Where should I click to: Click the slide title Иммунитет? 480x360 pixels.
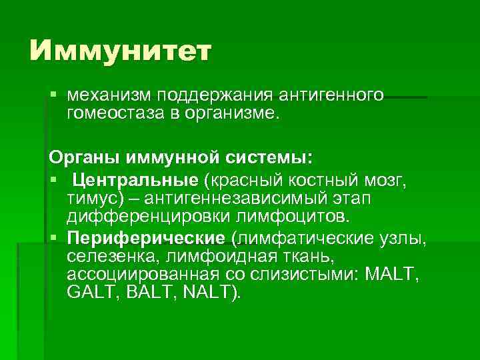[120, 51]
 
